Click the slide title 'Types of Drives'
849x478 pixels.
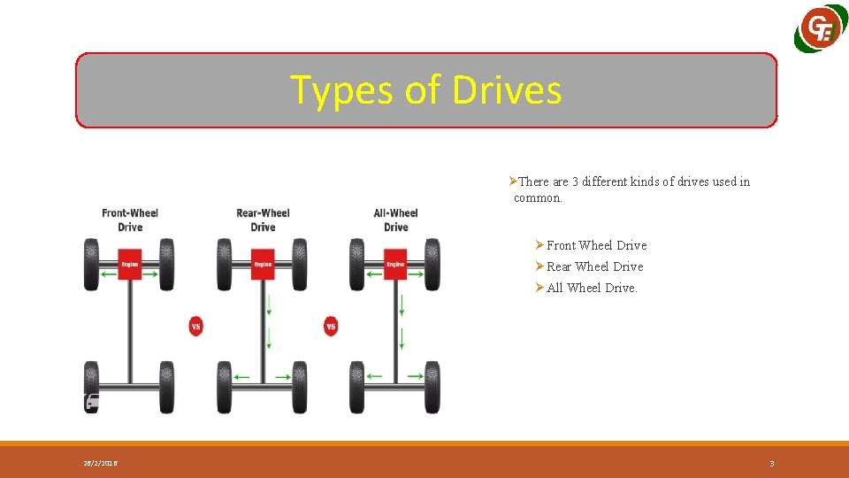425,90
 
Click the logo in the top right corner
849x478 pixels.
820,30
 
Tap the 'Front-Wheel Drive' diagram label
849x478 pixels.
130,220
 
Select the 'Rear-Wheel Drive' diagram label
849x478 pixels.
263,220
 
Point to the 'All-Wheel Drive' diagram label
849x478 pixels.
395,220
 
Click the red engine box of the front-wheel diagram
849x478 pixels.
130,264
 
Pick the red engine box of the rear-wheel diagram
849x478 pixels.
263,264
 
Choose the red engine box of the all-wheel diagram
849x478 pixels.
395,264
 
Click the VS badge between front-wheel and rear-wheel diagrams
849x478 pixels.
196,326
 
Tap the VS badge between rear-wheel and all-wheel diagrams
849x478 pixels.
331,326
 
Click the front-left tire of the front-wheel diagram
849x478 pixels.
92,264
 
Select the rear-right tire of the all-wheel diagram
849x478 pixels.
432,387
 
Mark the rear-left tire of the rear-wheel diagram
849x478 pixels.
225,387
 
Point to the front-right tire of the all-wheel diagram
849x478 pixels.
432,264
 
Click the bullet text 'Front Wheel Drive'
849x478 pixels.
596,245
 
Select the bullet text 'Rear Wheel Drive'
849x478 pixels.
594,266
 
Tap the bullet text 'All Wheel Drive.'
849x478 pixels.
592,288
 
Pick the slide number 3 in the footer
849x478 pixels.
772,464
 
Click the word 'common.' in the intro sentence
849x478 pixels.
538,198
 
